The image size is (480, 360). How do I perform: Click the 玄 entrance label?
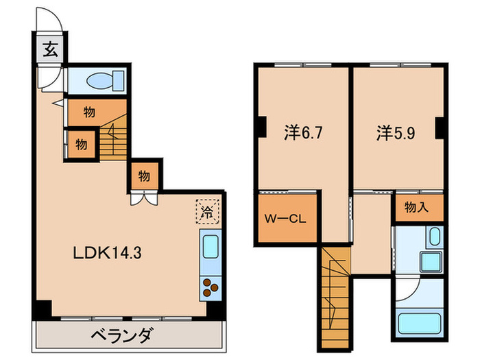[50, 49]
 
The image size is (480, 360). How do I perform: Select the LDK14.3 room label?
[108, 252]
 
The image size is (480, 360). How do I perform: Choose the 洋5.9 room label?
[395, 132]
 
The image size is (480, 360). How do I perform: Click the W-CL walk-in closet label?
[287, 219]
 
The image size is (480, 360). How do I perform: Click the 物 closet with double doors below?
[144, 176]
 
